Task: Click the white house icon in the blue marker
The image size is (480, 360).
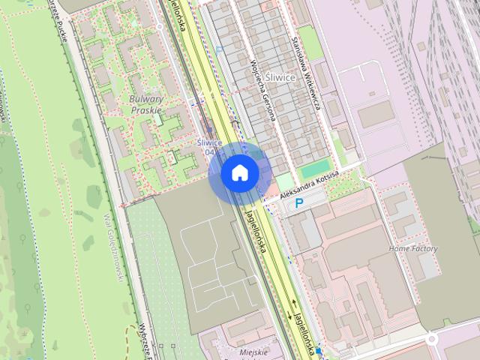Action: click(240, 173)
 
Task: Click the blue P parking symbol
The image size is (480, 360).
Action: click(298, 203)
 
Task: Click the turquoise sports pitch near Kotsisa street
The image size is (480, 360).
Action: click(316, 169)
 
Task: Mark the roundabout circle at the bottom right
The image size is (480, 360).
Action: click(432, 340)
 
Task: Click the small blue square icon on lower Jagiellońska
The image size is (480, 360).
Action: click(318, 350)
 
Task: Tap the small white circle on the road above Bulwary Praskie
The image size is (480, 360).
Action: click(159, 27)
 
